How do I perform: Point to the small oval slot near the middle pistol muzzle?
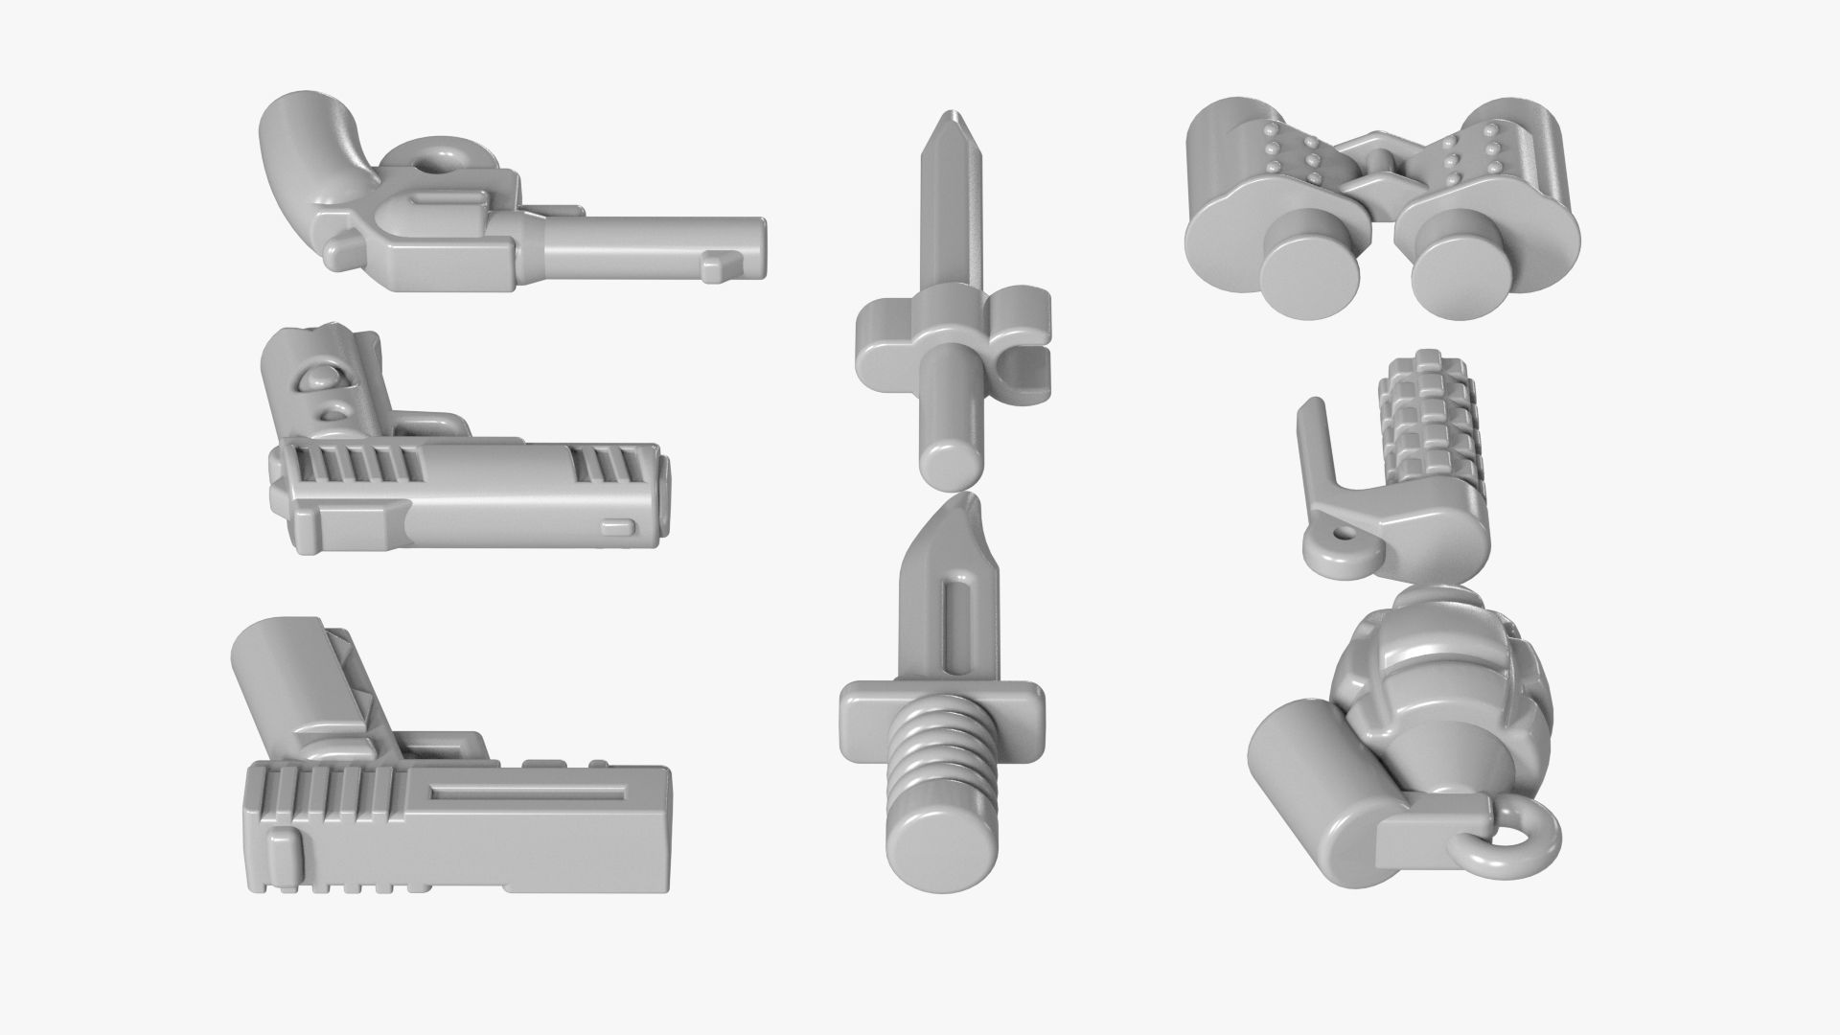pyautogui.click(x=618, y=525)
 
